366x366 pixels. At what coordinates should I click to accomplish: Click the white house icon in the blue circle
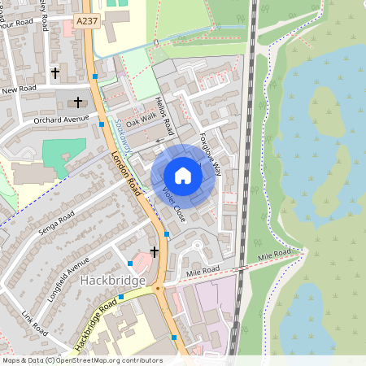click(x=183, y=176)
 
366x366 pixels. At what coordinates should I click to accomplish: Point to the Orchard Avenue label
click(x=60, y=120)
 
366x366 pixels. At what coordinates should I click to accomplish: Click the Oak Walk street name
click(x=140, y=119)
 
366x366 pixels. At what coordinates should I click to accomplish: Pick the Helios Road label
click(x=163, y=116)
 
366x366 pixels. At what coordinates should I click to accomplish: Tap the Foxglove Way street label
click(x=210, y=155)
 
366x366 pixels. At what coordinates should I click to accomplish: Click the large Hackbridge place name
click(x=113, y=281)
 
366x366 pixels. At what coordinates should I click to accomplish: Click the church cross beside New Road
click(x=56, y=73)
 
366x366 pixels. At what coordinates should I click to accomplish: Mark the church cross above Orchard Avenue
click(x=79, y=102)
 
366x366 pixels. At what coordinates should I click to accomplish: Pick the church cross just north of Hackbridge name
click(x=155, y=253)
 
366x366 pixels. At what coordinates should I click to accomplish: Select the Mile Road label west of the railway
click(x=203, y=270)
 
